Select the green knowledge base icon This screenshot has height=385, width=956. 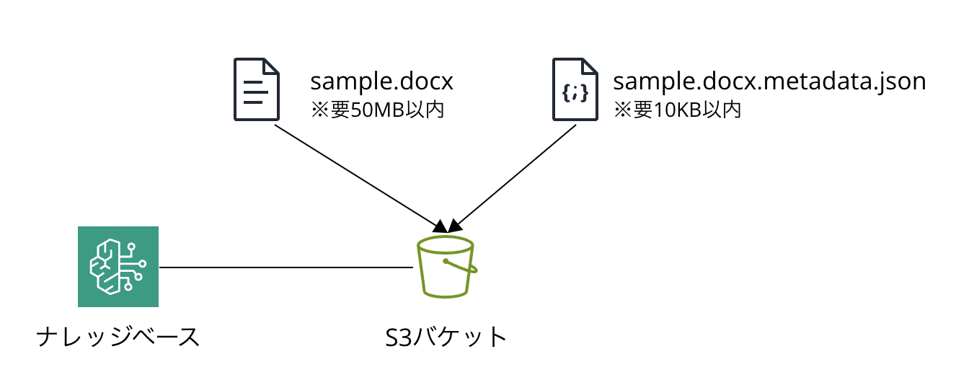click(118, 266)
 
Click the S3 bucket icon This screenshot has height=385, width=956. click(446, 267)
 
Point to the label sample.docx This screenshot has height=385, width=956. click(381, 81)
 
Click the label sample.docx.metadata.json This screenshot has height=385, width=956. click(769, 81)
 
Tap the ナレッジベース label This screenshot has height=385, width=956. click(118, 337)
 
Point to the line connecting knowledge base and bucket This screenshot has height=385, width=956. click(286, 267)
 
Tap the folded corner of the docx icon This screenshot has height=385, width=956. click(270, 67)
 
